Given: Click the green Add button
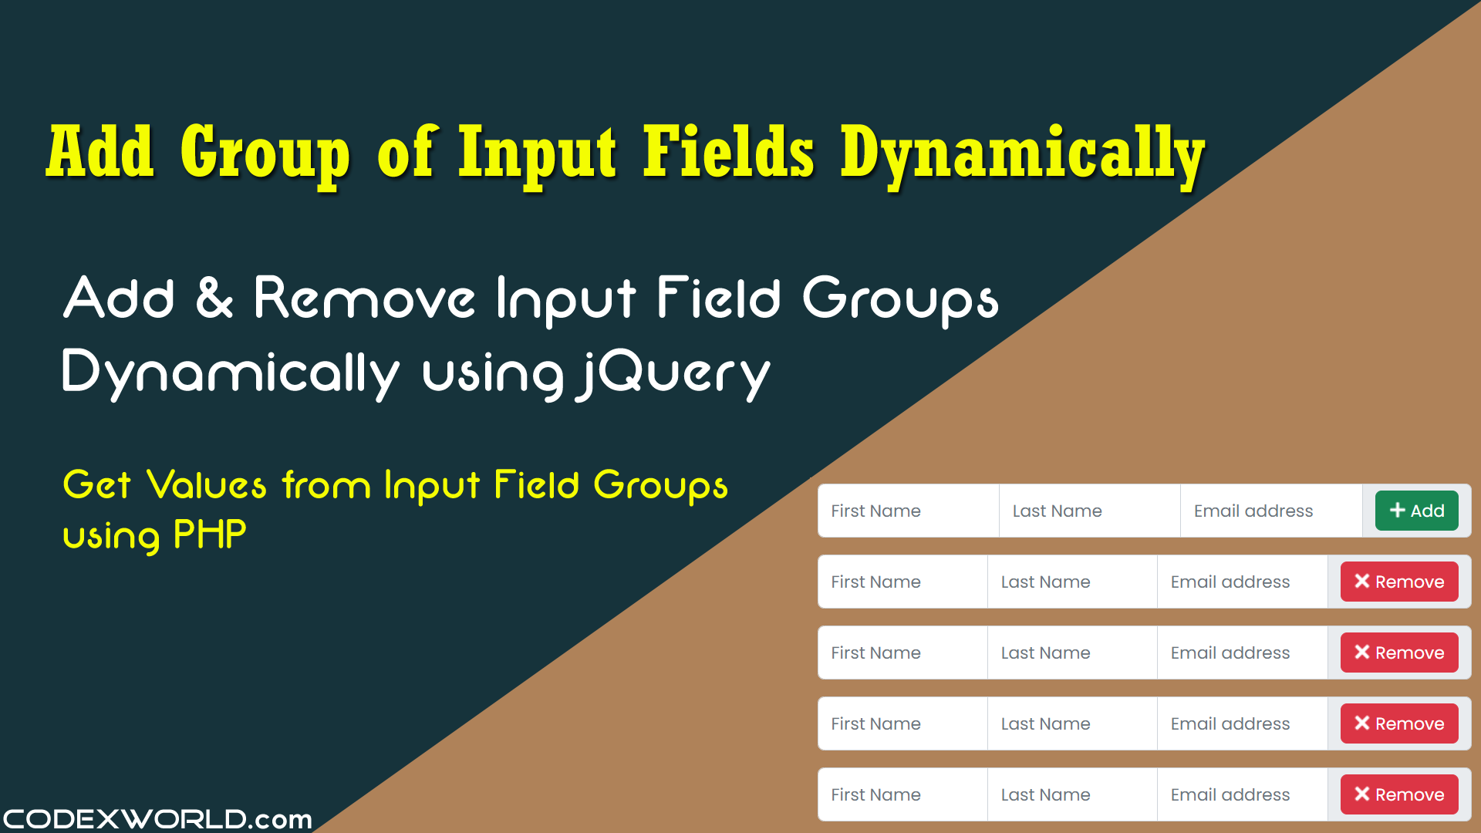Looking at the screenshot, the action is (x=1416, y=511).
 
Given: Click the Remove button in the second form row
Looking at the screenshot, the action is (x=1399, y=582).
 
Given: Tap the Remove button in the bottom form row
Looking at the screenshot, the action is (x=1399, y=794).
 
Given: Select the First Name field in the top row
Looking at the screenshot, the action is (x=909, y=511).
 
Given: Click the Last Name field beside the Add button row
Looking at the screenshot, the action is (x=1090, y=511).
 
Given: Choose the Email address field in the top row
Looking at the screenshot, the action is (x=1271, y=511).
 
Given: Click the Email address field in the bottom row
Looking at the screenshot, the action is (x=1242, y=794).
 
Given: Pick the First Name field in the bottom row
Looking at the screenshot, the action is (x=902, y=794).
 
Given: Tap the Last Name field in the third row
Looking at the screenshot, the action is (x=1072, y=653).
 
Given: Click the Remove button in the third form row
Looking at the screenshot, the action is (x=1399, y=653).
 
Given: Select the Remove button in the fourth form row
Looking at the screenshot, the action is (x=1399, y=723).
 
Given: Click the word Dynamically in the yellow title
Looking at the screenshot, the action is (x=1023, y=155).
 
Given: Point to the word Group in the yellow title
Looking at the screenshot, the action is (x=265, y=155).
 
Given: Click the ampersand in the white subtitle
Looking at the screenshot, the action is (x=214, y=298).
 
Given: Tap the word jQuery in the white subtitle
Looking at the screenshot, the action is (x=673, y=375).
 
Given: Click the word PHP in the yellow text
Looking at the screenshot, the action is (x=210, y=534).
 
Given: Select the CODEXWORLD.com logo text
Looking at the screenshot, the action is (x=157, y=818).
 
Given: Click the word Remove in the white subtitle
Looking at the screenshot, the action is (x=364, y=298).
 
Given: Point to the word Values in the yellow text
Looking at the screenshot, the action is (x=207, y=485).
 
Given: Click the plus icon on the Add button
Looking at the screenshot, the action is (x=1397, y=510).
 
